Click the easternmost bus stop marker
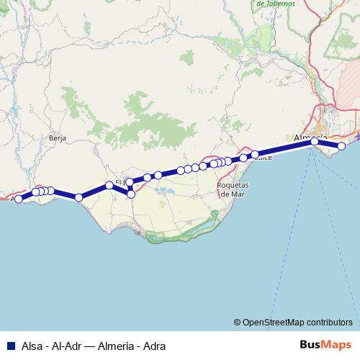pyautogui.click(x=342, y=146)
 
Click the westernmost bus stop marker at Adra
pyautogui.click(x=19, y=198)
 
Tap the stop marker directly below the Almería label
pyautogui.click(x=315, y=142)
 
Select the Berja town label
pyautogui.click(x=58, y=137)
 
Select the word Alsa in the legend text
pyautogui.click(x=32, y=344)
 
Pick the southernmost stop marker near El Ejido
pyautogui.click(x=131, y=194)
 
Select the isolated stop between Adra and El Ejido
pyautogui.click(x=78, y=197)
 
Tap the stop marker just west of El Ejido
pyautogui.click(x=109, y=185)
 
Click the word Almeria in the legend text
pyautogui.click(x=112, y=344)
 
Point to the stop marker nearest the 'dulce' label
pyautogui.click(x=255, y=154)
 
